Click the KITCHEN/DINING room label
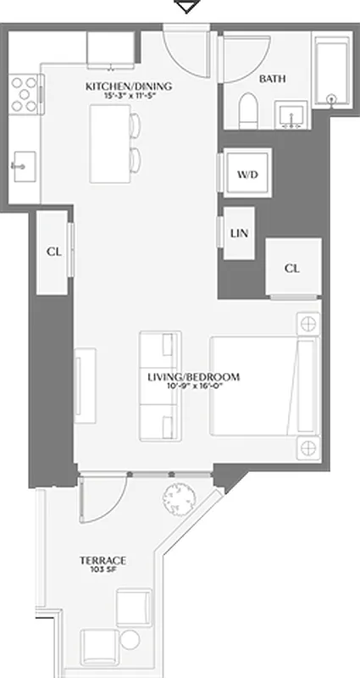tap(129, 86)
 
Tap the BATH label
tap(272, 79)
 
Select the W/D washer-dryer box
tap(246, 175)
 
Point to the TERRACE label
tap(102, 560)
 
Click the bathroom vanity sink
tap(292, 114)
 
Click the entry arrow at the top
tap(186, 7)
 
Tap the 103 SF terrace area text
tap(102, 570)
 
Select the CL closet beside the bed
tap(292, 268)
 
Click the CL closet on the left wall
tap(53, 252)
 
